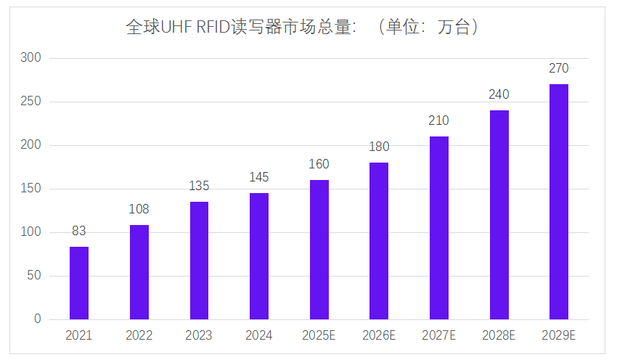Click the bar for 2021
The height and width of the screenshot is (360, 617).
coord(79,283)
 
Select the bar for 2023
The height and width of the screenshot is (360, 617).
coord(199,261)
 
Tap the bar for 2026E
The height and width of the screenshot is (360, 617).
coord(379,241)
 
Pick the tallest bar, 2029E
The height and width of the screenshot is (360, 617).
coord(559,202)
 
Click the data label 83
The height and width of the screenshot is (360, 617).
coord(79,232)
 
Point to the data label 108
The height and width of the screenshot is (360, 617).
coord(139,209)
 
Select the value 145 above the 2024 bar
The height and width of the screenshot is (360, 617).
coord(259,177)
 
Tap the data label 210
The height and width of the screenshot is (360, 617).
coord(438,120)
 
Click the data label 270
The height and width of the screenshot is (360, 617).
coord(559,68)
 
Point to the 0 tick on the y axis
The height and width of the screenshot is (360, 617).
coord(38,319)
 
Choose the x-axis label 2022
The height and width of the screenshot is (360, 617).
coord(139,335)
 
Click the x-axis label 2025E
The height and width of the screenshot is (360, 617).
coord(319,335)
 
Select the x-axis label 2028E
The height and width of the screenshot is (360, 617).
coord(499,335)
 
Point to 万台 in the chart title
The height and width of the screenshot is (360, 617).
coord(456,28)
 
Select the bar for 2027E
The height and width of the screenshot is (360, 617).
coord(438,228)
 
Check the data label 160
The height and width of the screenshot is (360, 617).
coord(319,164)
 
